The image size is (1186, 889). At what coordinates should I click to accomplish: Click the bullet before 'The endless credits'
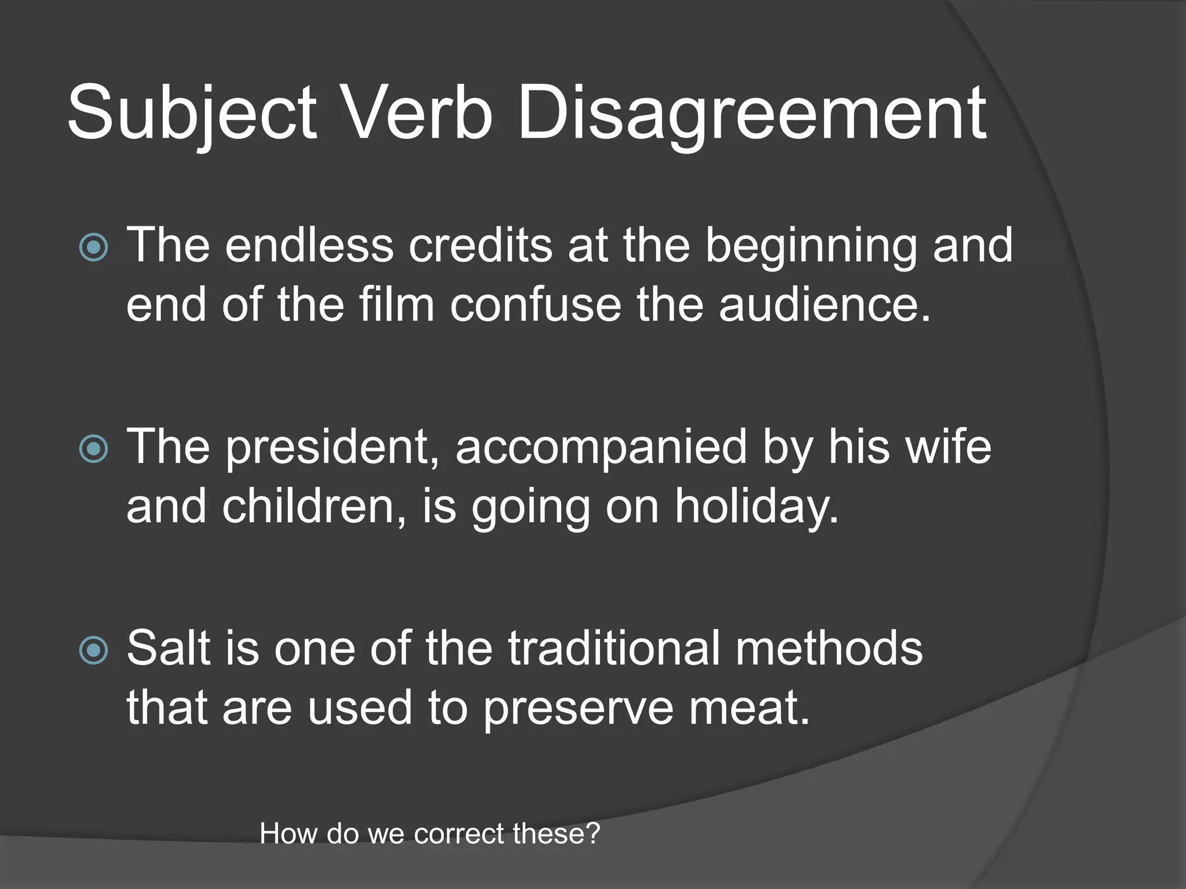point(93,248)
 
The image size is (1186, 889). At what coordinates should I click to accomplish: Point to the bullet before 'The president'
point(93,449)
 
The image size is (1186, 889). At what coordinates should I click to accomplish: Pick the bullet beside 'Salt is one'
point(93,650)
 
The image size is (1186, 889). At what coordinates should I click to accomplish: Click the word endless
point(309,245)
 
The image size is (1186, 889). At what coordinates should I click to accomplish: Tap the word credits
point(480,245)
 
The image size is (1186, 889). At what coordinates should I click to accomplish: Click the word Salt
point(168,648)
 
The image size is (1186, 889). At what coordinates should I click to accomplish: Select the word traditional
point(614,648)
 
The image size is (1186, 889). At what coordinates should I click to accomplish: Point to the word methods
point(829,648)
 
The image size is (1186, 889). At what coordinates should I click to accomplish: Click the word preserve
point(577,709)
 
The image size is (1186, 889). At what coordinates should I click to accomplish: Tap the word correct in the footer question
point(459,834)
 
